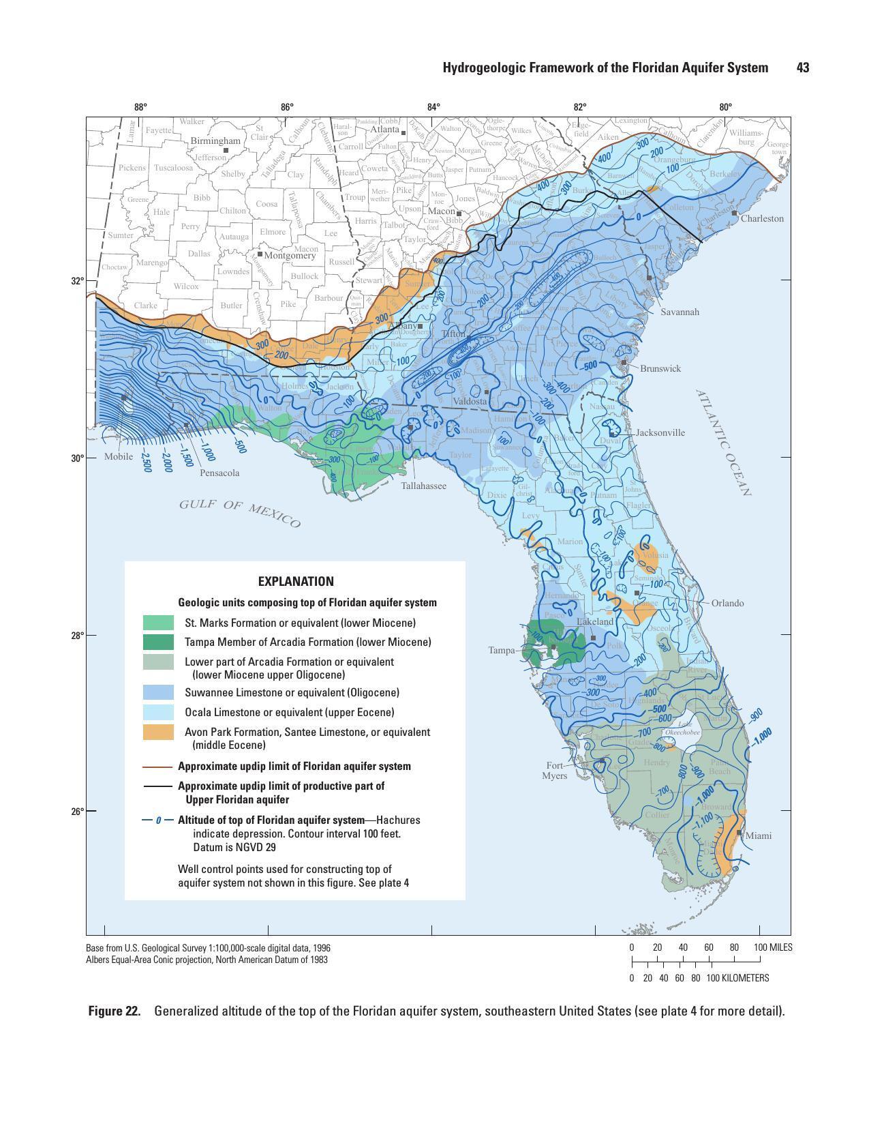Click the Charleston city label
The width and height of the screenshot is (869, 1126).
click(762, 219)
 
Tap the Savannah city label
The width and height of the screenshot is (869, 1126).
click(680, 312)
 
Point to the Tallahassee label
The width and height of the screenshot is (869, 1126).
click(423, 486)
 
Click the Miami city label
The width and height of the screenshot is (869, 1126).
click(759, 835)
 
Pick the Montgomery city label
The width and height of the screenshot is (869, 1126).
click(290, 256)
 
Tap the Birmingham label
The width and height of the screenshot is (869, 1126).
click(215, 140)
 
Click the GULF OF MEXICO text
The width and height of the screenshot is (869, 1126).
click(239, 512)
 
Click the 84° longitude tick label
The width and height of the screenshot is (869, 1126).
click(433, 107)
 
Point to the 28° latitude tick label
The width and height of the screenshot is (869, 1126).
click(76, 636)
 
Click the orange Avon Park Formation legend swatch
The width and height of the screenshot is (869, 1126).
click(158, 732)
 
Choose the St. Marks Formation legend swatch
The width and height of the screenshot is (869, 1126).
click(158, 623)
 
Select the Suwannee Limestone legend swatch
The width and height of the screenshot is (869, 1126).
click(158, 692)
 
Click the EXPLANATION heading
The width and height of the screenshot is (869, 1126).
click(296, 582)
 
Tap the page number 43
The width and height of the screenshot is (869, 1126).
click(802, 68)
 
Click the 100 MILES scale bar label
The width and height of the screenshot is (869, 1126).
click(773, 947)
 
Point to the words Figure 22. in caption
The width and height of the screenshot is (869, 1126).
click(114, 1011)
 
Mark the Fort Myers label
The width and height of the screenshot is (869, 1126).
click(554, 771)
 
